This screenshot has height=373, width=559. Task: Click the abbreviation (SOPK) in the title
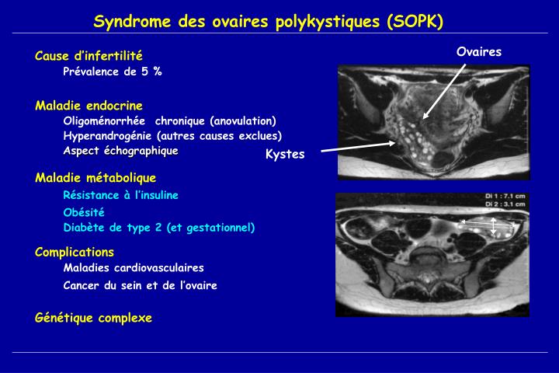[x=415, y=22]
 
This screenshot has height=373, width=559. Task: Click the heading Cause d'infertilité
[x=89, y=56]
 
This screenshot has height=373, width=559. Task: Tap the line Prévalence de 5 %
[x=113, y=71]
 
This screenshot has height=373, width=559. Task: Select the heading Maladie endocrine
[x=89, y=105]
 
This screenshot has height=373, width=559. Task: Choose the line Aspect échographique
[x=120, y=150]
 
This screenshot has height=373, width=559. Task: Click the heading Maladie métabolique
[x=95, y=178]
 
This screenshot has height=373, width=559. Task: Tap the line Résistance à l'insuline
[x=121, y=194]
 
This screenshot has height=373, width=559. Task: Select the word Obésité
[x=84, y=212]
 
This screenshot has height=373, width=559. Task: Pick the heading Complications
[x=75, y=252]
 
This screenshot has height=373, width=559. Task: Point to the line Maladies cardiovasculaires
[x=134, y=268]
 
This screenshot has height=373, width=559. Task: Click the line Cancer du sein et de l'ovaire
[x=141, y=285]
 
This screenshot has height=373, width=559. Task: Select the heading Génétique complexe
[x=93, y=318]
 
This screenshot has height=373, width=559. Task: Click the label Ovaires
[x=479, y=51]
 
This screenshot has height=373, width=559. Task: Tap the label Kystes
[x=285, y=154]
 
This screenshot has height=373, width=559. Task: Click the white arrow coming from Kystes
[x=349, y=145]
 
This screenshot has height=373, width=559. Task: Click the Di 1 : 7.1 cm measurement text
[x=505, y=197]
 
